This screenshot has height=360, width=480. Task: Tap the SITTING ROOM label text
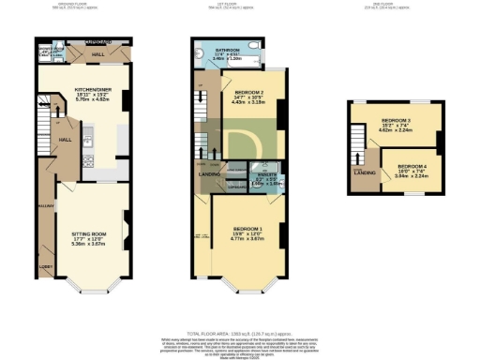(x=92, y=236)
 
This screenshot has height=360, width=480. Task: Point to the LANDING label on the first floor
(x=208, y=172)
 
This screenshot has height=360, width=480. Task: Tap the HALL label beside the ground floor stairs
(x=66, y=139)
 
